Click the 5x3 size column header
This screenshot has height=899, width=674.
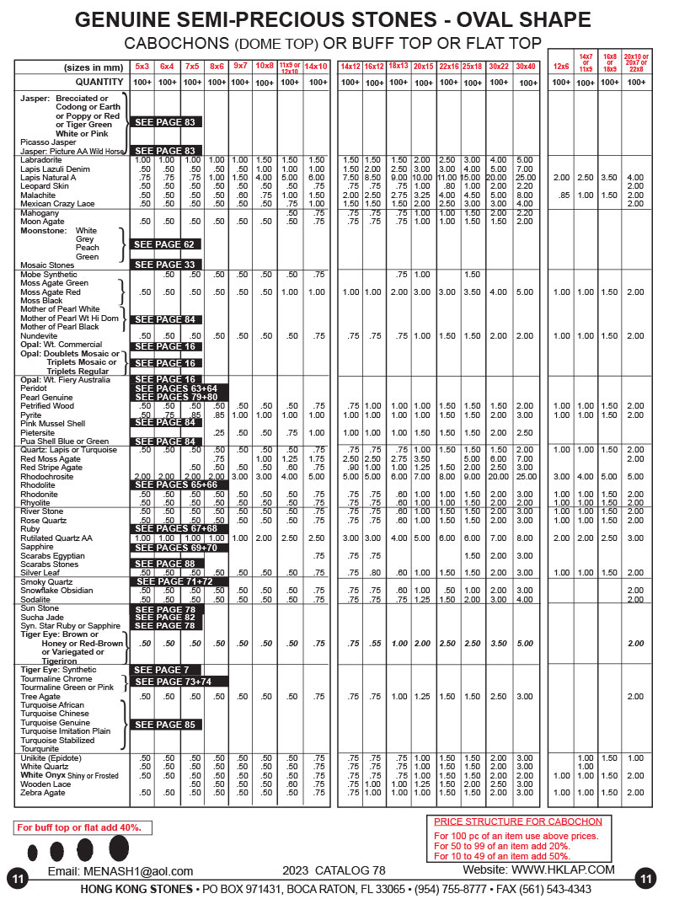click(142, 66)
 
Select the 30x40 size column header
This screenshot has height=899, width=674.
click(526, 66)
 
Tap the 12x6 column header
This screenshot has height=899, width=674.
click(560, 66)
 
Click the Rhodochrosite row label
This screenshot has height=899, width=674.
click(47, 476)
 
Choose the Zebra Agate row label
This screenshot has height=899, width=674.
click(44, 793)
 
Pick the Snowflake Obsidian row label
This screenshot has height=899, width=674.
click(57, 591)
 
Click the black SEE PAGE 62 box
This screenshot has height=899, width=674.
click(166, 244)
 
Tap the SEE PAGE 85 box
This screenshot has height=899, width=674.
click(166, 725)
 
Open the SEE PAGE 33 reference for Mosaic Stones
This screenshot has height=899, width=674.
click(166, 265)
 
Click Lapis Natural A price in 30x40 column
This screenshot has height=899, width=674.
click(526, 178)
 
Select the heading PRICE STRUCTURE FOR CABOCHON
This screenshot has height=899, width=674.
click(517, 821)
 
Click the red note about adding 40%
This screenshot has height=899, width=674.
click(79, 828)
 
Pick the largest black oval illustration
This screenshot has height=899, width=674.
click(118, 848)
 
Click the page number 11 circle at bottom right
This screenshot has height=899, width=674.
click(646, 879)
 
